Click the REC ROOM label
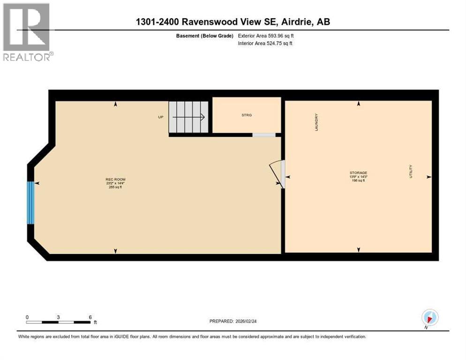coord(115,180)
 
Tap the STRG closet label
coord(247,115)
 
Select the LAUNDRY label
coord(316,122)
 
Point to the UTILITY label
coord(411,171)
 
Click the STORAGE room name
coord(358,173)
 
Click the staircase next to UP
coord(188,117)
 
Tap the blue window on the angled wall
coord(31,202)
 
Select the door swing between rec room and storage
coord(277,172)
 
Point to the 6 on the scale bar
coord(90,317)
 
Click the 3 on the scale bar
coord(59,317)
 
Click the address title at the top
coord(233,22)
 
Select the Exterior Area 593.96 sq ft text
coord(266,36)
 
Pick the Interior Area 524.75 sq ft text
coord(266,44)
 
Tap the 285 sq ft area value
coord(115,187)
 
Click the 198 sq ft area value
coord(358,180)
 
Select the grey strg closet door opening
coord(264,135)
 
